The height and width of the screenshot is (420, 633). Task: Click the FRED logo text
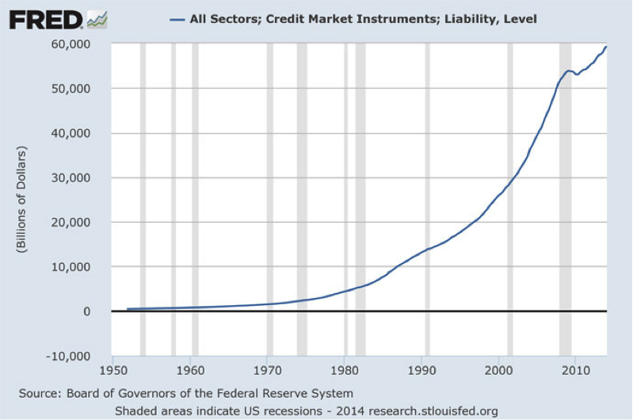point(45,18)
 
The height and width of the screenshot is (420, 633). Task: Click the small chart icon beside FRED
point(97,18)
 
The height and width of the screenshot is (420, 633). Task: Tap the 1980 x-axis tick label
point(345,369)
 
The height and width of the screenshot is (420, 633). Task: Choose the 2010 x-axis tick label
point(575,369)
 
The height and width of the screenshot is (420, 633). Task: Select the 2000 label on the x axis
point(498,369)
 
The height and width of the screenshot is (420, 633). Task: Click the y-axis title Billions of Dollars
point(21,200)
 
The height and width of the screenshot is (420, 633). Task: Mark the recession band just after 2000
point(509,198)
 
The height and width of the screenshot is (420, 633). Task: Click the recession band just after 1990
point(427,198)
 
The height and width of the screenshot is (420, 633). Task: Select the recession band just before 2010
point(565,198)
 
